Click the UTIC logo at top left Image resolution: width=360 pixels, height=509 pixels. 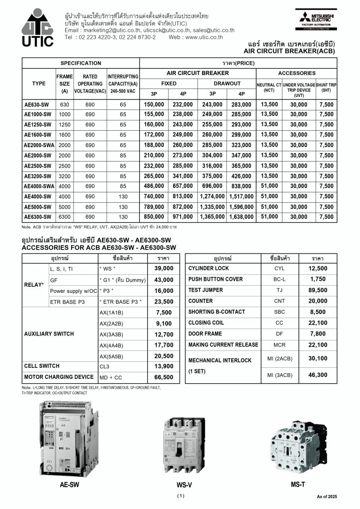(x=37, y=28)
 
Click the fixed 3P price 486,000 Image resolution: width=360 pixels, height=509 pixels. (x=154, y=186)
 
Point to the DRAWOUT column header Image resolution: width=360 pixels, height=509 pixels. (x=227, y=84)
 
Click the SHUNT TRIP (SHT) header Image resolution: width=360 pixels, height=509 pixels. (x=326, y=87)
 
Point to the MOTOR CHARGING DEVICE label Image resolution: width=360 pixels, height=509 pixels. (x=59, y=377)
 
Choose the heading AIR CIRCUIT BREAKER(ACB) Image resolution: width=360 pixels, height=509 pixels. (x=289, y=51)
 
